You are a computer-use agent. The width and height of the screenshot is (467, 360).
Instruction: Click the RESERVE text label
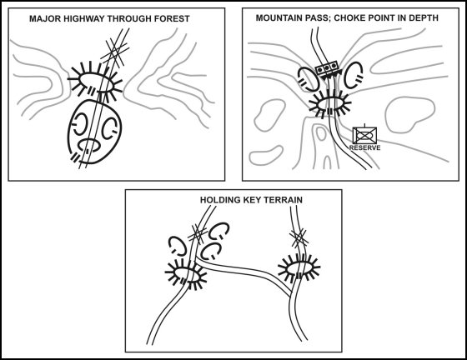click(364, 147)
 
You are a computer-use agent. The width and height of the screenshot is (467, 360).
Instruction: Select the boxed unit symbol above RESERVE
click(364, 134)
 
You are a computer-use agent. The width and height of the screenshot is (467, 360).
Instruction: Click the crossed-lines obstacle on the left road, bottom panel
click(199, 233)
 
